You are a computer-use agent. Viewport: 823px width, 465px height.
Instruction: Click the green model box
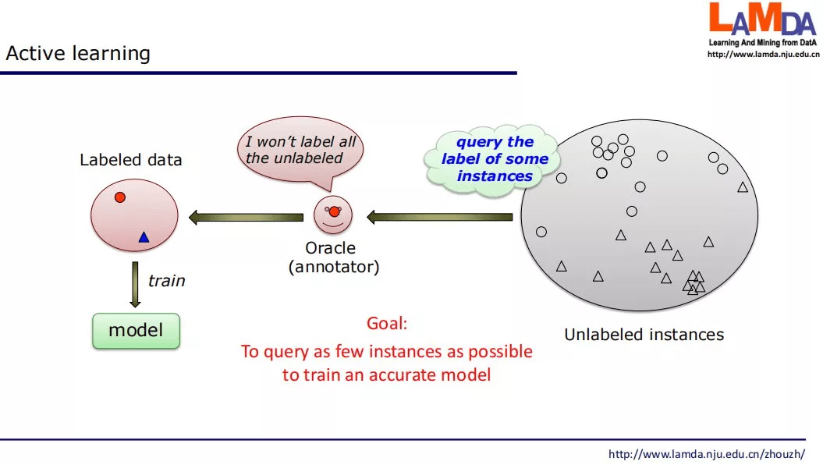[x=136, y=331]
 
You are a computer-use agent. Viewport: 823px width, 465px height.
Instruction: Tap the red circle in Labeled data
[x=120, y=197]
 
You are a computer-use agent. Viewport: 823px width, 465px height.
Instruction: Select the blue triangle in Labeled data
[x=144, y=237]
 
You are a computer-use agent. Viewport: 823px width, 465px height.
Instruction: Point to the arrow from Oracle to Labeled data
[x=246, y=218]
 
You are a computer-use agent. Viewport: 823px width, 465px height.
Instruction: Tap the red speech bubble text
[x=300, y=150]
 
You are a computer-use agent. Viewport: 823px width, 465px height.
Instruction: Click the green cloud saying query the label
[x=495, y=159]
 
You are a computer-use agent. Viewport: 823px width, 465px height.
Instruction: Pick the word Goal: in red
[x=387, y=324]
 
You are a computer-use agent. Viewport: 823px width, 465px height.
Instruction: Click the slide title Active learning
[x=78, y=54]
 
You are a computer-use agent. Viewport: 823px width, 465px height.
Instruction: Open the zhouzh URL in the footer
[x=706, y=454]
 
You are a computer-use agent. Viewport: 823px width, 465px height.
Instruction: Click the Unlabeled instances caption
[x=644, y=335]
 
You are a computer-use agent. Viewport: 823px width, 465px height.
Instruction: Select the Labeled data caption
[x=130, y=160]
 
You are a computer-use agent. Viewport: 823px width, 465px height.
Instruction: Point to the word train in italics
[x=167, y=280]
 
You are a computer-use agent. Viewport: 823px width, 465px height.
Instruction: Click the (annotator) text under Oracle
[x=334, y=267]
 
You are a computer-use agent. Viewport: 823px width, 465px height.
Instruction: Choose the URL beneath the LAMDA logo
[x=763, y=55]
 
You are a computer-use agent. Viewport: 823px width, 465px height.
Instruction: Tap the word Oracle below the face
[x=331, y=248]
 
